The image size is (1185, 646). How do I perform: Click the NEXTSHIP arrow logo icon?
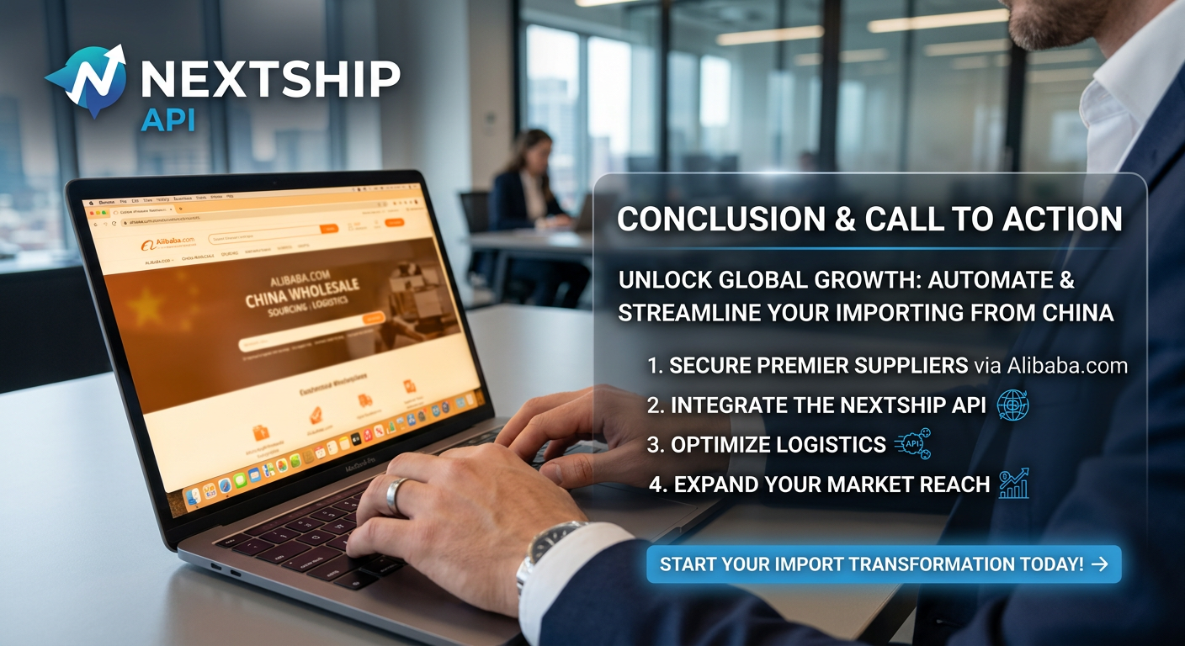[x=88, y=80]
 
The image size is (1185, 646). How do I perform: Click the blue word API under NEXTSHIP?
[x=167, y=120]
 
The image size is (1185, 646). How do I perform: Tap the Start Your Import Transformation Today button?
[x=883, y=564]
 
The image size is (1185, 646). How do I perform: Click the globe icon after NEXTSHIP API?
[x=1012, y=405]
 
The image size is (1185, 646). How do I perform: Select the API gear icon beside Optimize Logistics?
[x=912, y=444]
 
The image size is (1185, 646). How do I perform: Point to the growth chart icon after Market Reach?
[x=1013, y=484]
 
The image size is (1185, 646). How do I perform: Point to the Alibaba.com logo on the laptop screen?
[x=167, y=243]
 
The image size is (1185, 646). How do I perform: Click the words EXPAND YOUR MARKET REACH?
[x=832, y=484]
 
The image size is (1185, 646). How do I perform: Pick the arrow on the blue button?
[x=1098, y=564]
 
